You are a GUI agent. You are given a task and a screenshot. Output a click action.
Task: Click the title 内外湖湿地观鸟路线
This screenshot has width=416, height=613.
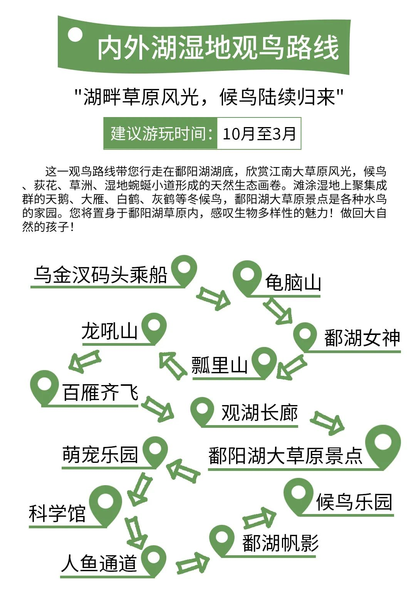click(x=218, y=48)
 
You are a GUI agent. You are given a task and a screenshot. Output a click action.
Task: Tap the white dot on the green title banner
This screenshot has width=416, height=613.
click(x=75, y=34)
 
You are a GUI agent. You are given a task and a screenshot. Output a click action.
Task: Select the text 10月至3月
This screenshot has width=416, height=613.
click(x=259, y=134)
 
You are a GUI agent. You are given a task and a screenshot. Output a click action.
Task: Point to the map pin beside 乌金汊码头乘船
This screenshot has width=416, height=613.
click(x=184, y=271)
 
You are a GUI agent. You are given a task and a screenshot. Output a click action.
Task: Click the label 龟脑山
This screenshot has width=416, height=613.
click(x=293, y=282)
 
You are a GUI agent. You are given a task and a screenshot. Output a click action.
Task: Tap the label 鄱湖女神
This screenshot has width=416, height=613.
click(x=362, y=338)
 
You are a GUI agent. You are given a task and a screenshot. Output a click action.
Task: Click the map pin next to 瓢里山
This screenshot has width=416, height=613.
click(x=264, y=363)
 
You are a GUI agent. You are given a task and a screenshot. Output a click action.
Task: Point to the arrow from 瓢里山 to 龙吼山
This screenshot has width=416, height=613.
click(x=173, y=366)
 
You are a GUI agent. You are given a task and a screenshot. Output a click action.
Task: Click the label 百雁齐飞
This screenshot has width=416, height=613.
click(x=101, y=392)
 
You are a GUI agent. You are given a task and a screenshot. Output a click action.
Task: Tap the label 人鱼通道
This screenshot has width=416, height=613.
click(x=99, y=563)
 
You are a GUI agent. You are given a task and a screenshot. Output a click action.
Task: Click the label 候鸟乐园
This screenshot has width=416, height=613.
click(x=354, y=502)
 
